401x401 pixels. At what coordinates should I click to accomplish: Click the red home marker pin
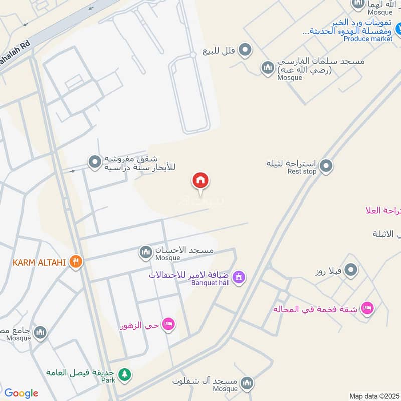click(200, 181)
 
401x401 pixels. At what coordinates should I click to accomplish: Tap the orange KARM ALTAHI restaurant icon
click(76, 261)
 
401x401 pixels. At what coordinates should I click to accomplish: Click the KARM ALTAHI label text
click(40, 262)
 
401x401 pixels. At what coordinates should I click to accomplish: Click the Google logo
click(21, 393)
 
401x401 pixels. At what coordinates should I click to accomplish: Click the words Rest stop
click(302, 171)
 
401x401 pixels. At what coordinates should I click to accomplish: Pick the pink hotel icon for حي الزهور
click(169, 325)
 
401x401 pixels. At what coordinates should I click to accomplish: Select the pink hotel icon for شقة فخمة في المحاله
click(367, 309)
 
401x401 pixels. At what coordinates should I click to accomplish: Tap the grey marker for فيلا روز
click(351, 271)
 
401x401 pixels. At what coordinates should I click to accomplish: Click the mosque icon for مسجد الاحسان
click(146, 252)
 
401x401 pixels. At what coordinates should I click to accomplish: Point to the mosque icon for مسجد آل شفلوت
click(246, 384)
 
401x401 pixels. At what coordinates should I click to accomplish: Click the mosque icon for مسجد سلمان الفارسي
click(268, 67)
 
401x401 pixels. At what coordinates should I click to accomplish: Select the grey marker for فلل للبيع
click(245, 50)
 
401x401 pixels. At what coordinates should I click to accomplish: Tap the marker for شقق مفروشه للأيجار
click(94, 162)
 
